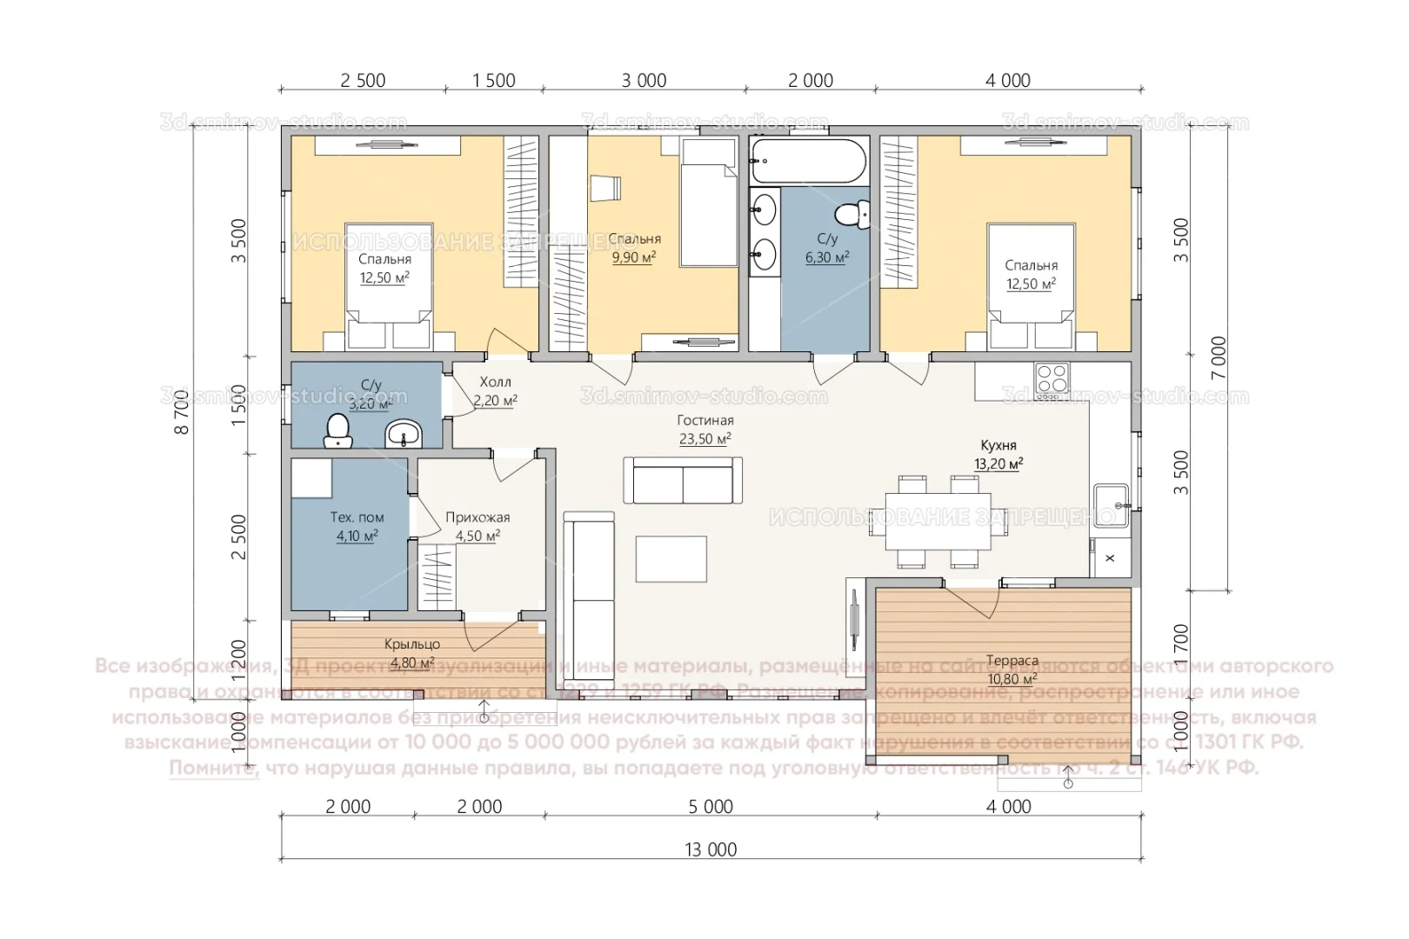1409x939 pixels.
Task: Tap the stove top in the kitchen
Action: (1051, 378)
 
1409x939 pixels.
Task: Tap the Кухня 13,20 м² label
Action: (998, 455)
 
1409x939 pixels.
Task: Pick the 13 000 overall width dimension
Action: (710, 849)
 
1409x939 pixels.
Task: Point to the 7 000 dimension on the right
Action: (1218, 356)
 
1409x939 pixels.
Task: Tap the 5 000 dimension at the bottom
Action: (710, 807)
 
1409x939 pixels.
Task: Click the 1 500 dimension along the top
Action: (493, 81)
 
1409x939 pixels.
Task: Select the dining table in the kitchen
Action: (938, 521)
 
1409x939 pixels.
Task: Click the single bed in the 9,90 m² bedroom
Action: (709, 214)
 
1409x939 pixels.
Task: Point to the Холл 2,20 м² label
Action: (495, 391)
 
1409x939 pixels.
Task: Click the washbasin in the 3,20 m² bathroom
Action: (403, 431)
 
